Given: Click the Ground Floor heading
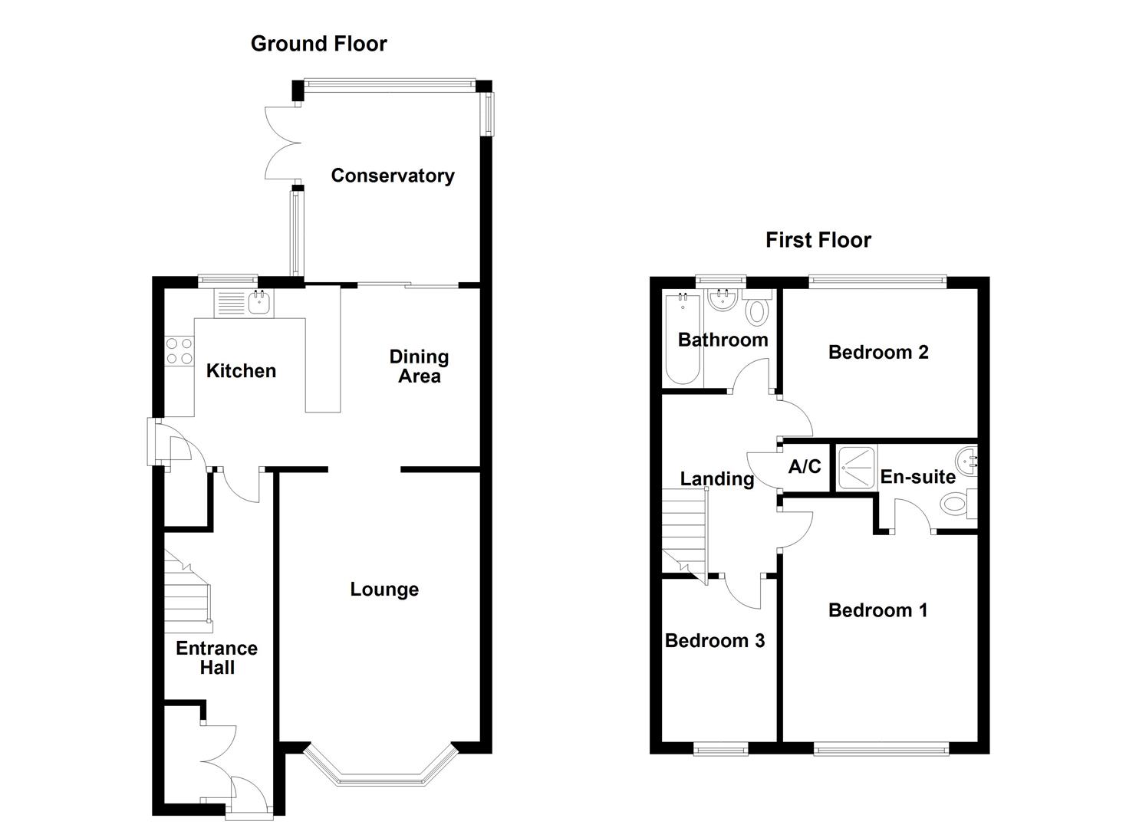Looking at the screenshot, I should [x=318, y=44].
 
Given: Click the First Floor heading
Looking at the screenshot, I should [x=818, y=240].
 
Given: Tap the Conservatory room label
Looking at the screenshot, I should [x=392, y=176].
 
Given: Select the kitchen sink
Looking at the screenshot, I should [x=260, y=303].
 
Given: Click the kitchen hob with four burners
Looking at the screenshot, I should [x=179, y=351].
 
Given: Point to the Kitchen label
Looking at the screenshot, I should [x=241, y=371].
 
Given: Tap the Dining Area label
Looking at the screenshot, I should [x=419, y=366].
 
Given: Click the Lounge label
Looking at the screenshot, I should [x=384, y=590].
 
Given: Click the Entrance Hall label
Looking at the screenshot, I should [x=216, y=658].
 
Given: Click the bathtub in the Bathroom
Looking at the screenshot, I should [x=682, y=339].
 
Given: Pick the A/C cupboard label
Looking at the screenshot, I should [x=805, y=466].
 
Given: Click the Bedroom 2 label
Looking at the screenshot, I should [x=878, y=352].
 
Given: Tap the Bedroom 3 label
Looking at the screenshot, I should [x=714, y=641].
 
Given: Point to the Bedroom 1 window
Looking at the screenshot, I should [x=881, y=748].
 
